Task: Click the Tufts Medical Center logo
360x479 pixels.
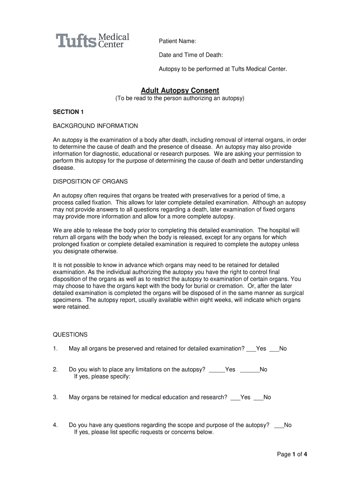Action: pos(93,41)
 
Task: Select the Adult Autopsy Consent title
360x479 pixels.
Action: pos(180,90)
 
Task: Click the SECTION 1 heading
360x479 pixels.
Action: pos(68,112)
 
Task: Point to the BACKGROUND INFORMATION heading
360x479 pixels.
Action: pos(95,126)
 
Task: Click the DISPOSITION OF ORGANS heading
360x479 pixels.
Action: pos(90,181)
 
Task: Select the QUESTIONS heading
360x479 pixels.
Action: pos(70,334)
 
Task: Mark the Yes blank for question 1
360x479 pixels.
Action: pos(251,349)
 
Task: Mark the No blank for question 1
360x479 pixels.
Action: pos(274,349)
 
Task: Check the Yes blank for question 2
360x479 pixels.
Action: pos(216,370)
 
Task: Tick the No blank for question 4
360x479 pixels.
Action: pos(279,425)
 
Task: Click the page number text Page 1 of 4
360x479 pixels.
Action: pos(292,454)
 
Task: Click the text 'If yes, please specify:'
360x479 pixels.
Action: pos(102,377)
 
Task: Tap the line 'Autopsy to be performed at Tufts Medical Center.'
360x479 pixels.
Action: pos(223,69)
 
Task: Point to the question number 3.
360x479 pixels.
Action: pos(55,398)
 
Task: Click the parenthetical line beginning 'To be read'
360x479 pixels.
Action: pos(180,99)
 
